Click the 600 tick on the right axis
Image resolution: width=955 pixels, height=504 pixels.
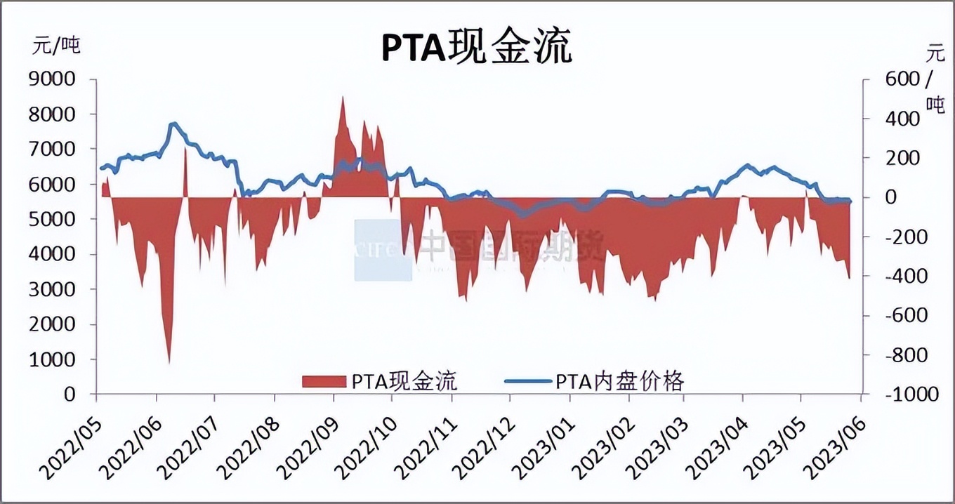pos(902,79)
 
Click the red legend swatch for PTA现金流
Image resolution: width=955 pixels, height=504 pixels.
pos(324,381)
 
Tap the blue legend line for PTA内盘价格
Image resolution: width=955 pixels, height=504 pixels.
pos(527,381)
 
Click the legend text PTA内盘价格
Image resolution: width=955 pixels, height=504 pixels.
pos(619,381)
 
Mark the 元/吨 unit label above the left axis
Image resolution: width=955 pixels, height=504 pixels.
pos(57,46)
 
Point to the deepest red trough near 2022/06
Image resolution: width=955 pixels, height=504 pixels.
pos(169,362)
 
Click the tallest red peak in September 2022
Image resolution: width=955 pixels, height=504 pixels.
pos(342,98)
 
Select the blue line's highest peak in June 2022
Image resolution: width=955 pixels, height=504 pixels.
pos(173,124)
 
